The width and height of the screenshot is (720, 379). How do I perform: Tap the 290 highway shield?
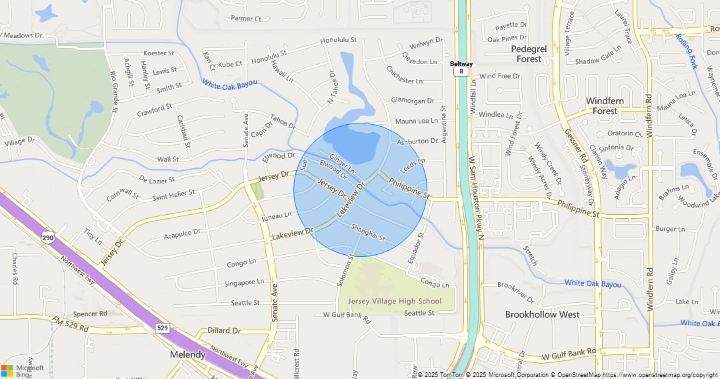47,238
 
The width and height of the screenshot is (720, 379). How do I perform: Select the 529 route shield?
162,328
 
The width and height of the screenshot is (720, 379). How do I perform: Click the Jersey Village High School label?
395,301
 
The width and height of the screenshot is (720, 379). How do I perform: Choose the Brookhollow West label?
542,314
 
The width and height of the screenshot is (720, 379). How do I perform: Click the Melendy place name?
188,354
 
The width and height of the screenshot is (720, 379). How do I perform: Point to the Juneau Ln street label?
277,216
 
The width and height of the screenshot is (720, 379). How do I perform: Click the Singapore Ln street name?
243,282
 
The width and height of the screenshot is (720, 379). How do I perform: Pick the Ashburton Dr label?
417,141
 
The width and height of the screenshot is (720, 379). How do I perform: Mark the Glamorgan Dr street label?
412,101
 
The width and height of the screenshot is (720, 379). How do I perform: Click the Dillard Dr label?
223,330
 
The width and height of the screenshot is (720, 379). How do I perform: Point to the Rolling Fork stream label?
686,51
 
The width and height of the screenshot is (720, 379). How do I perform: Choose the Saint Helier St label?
173,194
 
